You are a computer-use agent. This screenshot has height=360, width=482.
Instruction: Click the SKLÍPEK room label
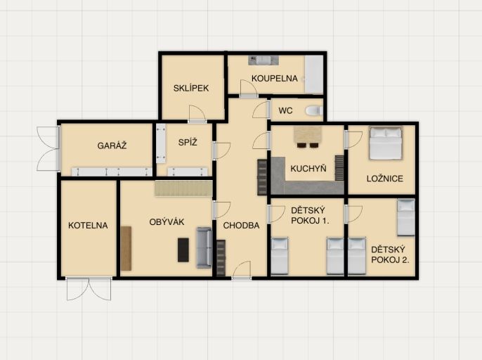pos(191,89)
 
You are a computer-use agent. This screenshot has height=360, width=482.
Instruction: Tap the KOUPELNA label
pos(275,79)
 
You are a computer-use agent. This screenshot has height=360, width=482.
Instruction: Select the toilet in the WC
pos(314,110)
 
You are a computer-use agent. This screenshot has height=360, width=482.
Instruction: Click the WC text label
pos(285,111)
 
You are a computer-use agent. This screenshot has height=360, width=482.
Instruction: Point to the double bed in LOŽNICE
pos(386,143)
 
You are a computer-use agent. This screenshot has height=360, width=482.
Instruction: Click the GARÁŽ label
pos(112,146)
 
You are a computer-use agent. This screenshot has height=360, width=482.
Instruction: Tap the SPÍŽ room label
pos(188,142)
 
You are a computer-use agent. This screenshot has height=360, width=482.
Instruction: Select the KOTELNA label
pos(88,226)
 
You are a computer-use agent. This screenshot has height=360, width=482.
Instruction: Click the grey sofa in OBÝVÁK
pos(204,247)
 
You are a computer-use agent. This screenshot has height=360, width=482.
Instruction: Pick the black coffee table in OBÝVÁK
pos(183,250)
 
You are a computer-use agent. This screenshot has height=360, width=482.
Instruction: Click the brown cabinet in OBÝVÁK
pos(126,249)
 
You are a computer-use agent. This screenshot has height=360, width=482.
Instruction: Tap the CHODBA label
pos(241,226)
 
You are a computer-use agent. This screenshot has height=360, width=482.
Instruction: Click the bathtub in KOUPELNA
pos(314,74)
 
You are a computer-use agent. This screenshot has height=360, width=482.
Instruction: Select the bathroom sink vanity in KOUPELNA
pos(263,60)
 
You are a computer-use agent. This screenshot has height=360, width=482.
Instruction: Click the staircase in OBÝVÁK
pos(183,188)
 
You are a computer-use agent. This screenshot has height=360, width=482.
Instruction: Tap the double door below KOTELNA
pos(89,288)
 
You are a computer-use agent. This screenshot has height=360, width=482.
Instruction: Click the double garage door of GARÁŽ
pos(48,148)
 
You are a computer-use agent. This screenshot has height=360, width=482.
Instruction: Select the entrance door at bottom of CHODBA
pos(242,270)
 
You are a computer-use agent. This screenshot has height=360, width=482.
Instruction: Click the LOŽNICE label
pos(385,179)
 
